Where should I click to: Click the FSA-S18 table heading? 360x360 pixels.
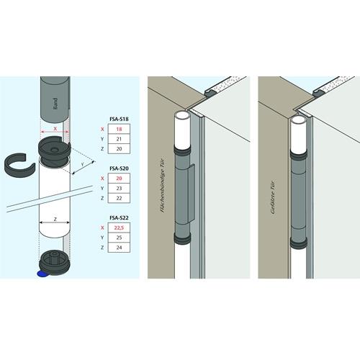pyautogui.click(x=119, y=119)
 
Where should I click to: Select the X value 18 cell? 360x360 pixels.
pyautogui.click(x=119, y=129)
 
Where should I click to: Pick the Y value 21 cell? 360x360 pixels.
pyautogui.click(x=119, y=139)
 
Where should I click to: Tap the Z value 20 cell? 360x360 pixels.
pyautogui.click(x=119, y=149)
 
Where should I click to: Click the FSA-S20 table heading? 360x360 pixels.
pyautogui.click(x=119, y=168)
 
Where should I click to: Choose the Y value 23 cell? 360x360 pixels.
pyautogui.click(x=119, y=189)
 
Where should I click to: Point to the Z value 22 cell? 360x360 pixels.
pyautogui.click(x=119, y=198)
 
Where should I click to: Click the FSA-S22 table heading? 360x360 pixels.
pyautogui.click(x=119, y=218)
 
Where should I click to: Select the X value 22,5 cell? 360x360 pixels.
pyautogui.click(x=119, y=228)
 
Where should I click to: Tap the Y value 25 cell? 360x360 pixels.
pyautogui.click(x=119, y=238)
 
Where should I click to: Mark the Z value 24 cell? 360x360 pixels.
pyautogui.click(x=119, y=248)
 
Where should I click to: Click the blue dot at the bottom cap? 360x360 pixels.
pyautogui.click(x=42, y=274)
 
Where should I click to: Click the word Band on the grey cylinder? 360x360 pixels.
pyautogui.click(x=55, y=104)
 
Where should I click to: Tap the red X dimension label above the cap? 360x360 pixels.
pyautogui.click(x=55, y=129)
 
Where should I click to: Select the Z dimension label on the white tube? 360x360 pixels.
pyautogui.click(x=55, y=219)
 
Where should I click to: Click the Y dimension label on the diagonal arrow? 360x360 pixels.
pyautogui.click(x=83, y=165)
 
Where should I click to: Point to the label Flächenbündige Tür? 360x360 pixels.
pyautogui.click(x=163, y=185)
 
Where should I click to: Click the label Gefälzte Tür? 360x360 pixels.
pyautogui.click(x=273, y=197)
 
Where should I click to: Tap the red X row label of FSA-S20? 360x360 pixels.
pyautogui.click(x=102, y=179)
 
